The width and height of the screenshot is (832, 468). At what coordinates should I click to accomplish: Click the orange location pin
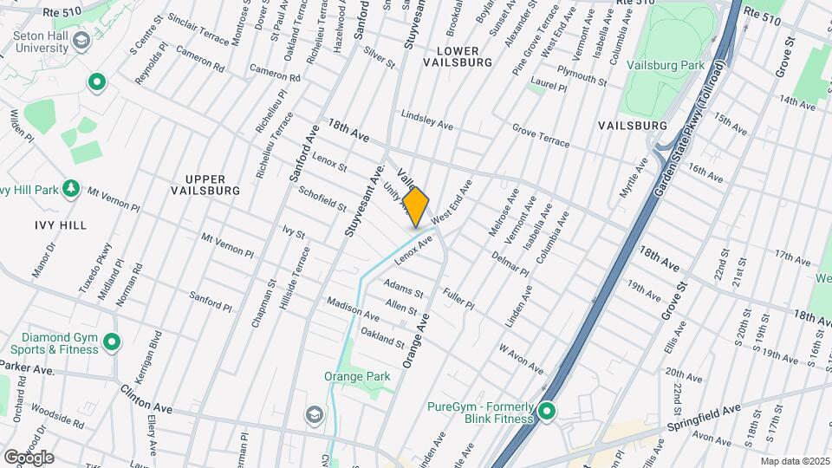[416, 206]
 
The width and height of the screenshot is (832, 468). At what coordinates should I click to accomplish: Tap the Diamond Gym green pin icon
[112, 342]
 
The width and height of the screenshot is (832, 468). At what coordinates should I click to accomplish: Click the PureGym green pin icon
[547, 411]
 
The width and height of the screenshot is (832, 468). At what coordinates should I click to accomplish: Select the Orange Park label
[357, 376]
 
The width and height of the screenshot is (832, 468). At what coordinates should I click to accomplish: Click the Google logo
[28, 457]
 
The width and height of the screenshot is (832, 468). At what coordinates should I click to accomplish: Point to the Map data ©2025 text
[794, 461]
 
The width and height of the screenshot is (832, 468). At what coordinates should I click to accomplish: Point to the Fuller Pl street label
[458, 299]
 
